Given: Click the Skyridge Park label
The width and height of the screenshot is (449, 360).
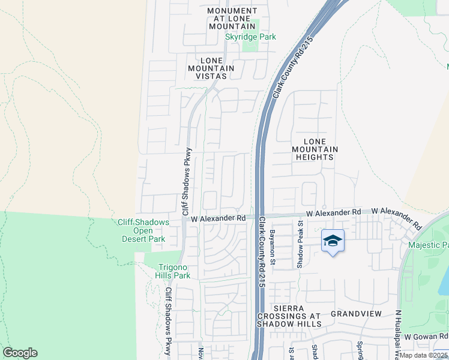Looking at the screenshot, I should click(x=250, y=37).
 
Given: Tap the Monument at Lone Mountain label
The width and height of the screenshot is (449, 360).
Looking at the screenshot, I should click(x=232, y=19).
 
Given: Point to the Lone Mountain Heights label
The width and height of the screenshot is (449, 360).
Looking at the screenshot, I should click(x=315, y=149).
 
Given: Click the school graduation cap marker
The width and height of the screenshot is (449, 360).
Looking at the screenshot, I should click(x=333, y=241).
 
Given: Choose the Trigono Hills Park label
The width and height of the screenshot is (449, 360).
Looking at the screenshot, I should click(x=174, y=271).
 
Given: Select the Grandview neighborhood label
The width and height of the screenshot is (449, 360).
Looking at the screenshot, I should click(x=356, y=314).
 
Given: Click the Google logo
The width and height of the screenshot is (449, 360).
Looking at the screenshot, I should click(x=20, y=353).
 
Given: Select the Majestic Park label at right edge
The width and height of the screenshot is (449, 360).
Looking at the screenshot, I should click(x=429, y=245).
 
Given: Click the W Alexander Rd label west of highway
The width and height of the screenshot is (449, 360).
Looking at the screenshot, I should click(x=219, y=219).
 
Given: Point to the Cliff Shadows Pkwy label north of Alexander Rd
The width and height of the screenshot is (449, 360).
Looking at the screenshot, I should click(x=187, y=181).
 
